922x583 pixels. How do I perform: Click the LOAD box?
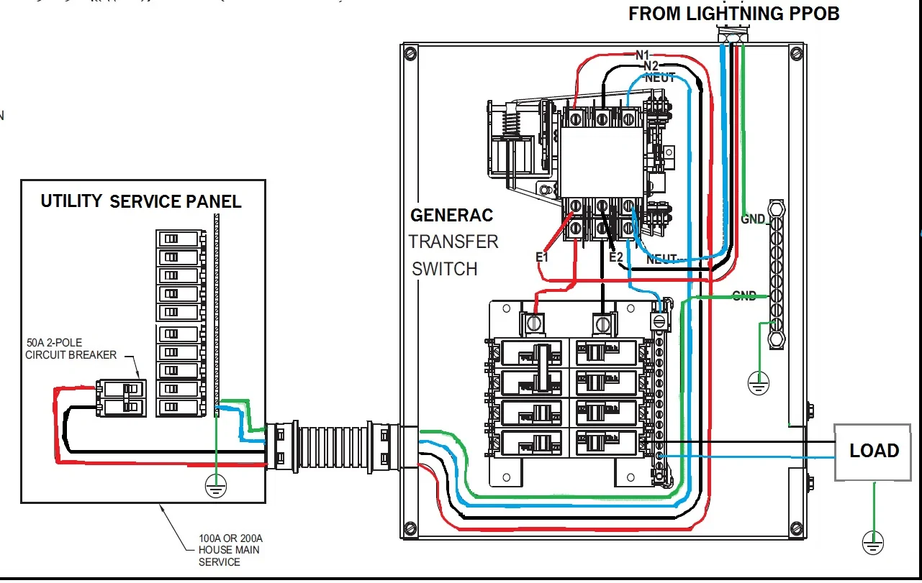874,451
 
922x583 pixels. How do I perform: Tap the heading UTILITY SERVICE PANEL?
140,201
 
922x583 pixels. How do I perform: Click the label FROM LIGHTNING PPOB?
733,14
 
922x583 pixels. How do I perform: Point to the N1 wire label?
642,55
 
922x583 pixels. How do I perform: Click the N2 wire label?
651,66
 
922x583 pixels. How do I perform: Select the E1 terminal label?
542,257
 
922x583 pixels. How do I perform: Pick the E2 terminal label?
615,257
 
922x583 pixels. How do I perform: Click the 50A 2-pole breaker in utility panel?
122,398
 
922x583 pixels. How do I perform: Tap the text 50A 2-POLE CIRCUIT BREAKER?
71,349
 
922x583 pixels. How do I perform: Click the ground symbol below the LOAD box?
873,543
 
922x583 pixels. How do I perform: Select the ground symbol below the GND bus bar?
756,382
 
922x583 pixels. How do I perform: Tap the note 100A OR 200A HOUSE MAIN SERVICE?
230,550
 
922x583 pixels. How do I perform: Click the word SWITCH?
444,269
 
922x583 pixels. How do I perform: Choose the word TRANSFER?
453,242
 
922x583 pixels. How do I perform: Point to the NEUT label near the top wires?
660,78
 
